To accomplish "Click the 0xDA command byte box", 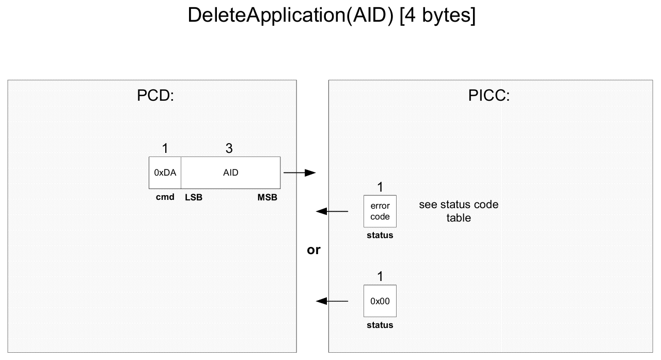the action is (165, 173).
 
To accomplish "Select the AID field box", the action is (231, 173).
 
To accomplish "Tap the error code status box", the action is (380, 211).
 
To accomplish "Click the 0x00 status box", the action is (380, 301).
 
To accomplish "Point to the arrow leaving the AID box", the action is (300, 173).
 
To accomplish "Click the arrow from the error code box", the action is (332, 211).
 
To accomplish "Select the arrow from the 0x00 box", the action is (332, 301).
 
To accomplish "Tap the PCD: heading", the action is (155, 96).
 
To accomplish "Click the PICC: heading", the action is (489, 96).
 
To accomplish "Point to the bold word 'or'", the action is (313, 250).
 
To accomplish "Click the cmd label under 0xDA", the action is (165, 197).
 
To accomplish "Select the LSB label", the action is (194, 197).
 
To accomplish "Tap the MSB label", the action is (267, 197).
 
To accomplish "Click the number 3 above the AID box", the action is (229, 148).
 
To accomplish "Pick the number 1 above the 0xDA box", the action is (165, 148).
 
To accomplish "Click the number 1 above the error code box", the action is (380, 187).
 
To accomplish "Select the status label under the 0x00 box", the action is (380, 325).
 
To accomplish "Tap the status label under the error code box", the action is (380, 235).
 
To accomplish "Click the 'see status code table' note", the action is (459, 211).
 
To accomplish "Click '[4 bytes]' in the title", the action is (437, 15).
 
